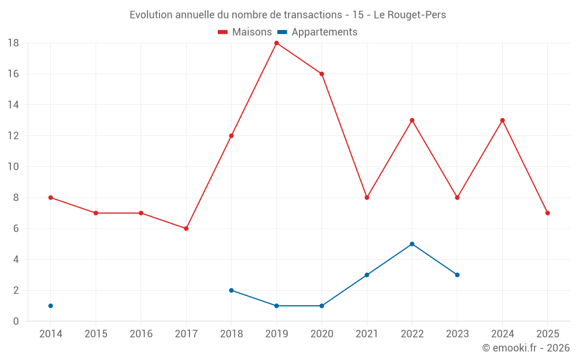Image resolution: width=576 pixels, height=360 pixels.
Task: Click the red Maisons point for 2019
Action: (x=276, y=43)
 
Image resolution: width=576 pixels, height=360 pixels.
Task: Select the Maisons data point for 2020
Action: (x=322, y=74)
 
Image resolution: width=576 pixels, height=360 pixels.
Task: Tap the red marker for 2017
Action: (x=186, y=229)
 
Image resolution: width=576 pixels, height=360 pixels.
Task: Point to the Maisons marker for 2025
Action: (x=548, y=213)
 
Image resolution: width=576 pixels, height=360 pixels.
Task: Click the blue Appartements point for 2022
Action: (x=412, y=244)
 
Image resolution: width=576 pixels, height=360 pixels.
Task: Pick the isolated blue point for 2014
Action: (x=51, y=306)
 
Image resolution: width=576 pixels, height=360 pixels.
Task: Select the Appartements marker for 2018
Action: (x=232, y=290)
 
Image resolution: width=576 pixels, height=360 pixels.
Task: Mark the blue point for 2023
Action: (x=457, y=275)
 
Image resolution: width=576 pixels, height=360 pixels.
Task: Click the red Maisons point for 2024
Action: (x=502, y=120)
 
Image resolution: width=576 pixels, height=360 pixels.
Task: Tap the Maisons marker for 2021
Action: (x=367, y=198)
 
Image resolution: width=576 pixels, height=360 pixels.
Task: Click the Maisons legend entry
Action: (x=245, y=32)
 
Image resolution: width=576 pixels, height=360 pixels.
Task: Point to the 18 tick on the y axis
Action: (x=13, y=43)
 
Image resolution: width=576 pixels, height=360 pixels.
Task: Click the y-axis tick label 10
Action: (x=13, y=167)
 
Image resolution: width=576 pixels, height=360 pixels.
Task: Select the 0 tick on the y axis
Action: (x=16, y=321)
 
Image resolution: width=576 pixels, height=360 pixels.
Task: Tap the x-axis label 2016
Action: (x=141, y=334)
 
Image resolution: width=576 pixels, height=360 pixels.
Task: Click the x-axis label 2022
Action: (x=412, y=334)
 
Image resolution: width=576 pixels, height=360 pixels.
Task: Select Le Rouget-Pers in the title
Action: (x=410, y=15)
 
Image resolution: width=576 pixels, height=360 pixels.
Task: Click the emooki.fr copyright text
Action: (x=526, y=348)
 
